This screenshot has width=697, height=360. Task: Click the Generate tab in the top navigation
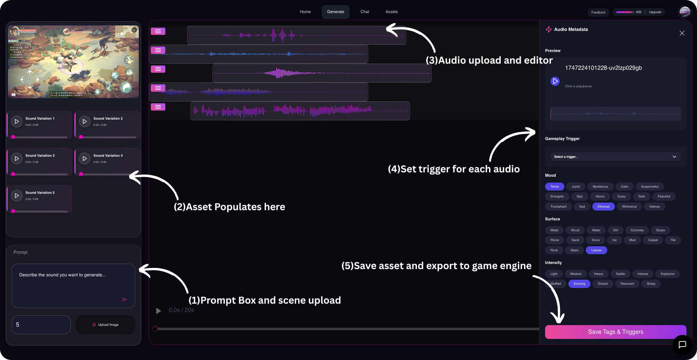click(335, 12)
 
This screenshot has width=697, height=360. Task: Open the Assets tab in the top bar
click(391, 12)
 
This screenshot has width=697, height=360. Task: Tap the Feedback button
click(598, 12)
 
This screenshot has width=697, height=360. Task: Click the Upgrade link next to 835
click(655, 12)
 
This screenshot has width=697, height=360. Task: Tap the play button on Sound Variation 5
click(17, 196)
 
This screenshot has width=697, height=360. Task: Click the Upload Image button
click(105, 325)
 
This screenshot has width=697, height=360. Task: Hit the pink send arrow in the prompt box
click(125, 299)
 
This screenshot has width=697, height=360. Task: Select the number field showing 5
click(41, 325)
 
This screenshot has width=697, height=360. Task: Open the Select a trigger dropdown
click(615, 157)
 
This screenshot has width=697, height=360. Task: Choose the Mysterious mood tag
click(600, 187)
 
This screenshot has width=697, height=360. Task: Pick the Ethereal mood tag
click(603, 207)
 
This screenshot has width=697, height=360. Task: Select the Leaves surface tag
click(596, 250)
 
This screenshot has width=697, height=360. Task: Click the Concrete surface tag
click(637, 230)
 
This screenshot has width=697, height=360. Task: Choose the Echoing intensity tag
click(579, 284)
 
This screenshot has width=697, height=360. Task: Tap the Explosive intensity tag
click(667, 274)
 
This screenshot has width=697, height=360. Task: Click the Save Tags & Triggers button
click(615, 332)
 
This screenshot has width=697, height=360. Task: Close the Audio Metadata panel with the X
click(682, 33)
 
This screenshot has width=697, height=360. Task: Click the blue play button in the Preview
click(555, 81)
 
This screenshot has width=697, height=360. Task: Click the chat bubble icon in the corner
click(682, 344)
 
